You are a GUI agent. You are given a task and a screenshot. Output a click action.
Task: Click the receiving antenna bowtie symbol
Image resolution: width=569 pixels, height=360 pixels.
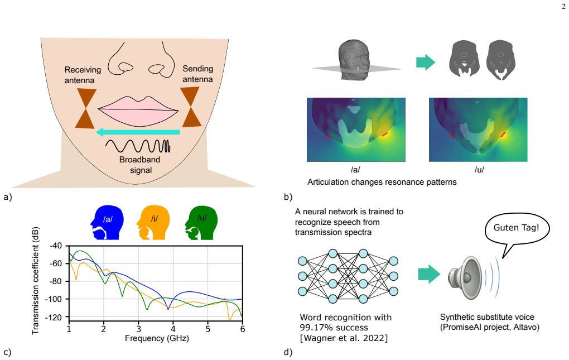pos(86,108)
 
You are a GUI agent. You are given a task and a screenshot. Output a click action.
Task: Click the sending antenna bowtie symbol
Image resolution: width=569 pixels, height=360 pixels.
pos(191,107)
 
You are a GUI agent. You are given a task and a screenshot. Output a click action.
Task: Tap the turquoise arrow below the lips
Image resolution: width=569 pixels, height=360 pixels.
pos(138,132)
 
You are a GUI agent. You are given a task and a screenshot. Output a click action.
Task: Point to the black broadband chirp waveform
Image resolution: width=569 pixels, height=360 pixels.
pos(138,146)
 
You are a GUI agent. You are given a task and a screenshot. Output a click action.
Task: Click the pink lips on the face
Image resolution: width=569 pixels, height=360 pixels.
pos(138,112)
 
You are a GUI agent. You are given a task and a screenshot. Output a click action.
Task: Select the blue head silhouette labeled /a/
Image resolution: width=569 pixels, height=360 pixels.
pos(107,223)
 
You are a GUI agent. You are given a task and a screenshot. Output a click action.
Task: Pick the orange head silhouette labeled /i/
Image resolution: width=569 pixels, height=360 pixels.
pos(153,223)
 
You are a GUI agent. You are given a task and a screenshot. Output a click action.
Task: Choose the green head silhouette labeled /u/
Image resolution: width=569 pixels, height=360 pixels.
pos(201,223)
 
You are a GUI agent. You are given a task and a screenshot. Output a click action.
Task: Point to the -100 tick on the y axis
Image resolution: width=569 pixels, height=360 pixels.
pos(54,299)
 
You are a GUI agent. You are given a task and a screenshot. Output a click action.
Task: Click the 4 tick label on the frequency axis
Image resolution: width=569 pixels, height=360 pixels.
pos(173,329)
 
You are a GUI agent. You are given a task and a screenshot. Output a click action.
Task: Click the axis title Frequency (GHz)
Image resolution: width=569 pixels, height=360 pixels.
pos(157,338)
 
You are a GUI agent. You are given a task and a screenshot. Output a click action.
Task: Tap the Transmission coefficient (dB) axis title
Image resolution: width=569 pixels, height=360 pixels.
pos(35,281)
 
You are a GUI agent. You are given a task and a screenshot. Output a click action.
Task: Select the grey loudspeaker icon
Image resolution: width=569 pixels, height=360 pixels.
pos(465,277)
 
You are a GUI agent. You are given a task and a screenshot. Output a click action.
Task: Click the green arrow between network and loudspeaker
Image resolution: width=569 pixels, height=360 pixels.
pos(429,274)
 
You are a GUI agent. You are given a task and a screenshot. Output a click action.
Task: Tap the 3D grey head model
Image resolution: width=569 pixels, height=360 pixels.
pos(354,60)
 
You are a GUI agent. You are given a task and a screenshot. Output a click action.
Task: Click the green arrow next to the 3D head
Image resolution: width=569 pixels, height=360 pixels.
pos(425,62)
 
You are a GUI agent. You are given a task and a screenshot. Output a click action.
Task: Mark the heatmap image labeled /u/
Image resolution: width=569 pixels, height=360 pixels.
pos(478,129)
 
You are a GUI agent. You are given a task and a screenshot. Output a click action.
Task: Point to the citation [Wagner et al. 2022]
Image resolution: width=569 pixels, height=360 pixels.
pos(344,338)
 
